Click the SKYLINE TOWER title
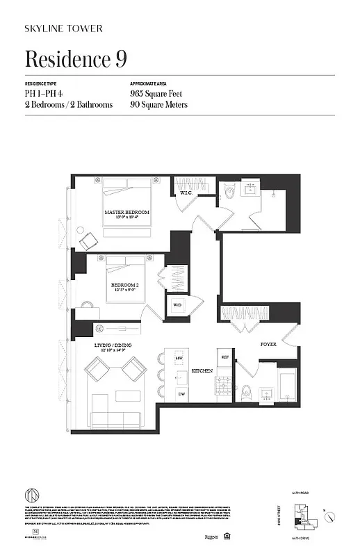click(x=63, y=28)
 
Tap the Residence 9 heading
click(x=76, y=59)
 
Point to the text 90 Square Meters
click(x=158, y=105)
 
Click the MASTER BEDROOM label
click(x=127, y=211)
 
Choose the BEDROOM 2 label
click(x=126, y=286)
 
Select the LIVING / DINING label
click(x=113, y=345)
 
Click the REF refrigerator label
click(x=225, y=357)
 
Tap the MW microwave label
click(x=179, y=358)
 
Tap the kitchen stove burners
click(x=225, y=382)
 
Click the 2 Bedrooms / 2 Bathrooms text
click(x=69, y=105)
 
